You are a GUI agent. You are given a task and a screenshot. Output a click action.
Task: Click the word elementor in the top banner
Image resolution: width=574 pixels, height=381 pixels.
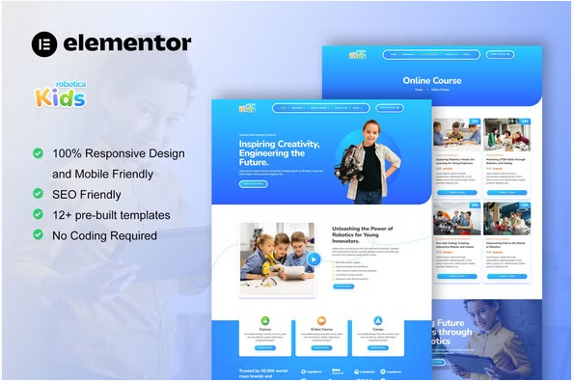pyautogui.click(x=126, y=42)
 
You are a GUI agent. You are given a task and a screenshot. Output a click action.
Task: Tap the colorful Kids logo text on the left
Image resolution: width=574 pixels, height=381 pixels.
pyautogui.click(x=60, y=96)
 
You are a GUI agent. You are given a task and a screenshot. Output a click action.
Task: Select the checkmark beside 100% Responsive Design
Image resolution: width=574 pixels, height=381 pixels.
pyautogui.click(x=38, y=153)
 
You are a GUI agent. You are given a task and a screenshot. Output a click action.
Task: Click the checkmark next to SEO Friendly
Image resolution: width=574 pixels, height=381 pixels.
pyautogui.click(x=38, y=194)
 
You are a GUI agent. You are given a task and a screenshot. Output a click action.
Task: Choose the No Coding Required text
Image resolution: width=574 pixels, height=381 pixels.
pyautogui.click(x=104, y=234)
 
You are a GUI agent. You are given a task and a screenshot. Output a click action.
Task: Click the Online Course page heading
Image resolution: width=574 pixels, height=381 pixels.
pyautogui.click(x=431, y=81)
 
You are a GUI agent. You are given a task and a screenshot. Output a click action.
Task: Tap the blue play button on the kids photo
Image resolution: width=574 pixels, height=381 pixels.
pyautogui.click(x=313, y=259)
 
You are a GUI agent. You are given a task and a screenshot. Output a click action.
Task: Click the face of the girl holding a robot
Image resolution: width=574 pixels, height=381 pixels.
pyautogui.click(x=373, y=131)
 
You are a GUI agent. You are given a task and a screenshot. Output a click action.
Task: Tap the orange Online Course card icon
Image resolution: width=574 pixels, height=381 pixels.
pyautogui.click(x=321, y=321)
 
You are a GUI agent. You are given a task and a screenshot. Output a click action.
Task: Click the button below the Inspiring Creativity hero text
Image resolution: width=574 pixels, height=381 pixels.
pyautogui.click(x=254, y=183)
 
